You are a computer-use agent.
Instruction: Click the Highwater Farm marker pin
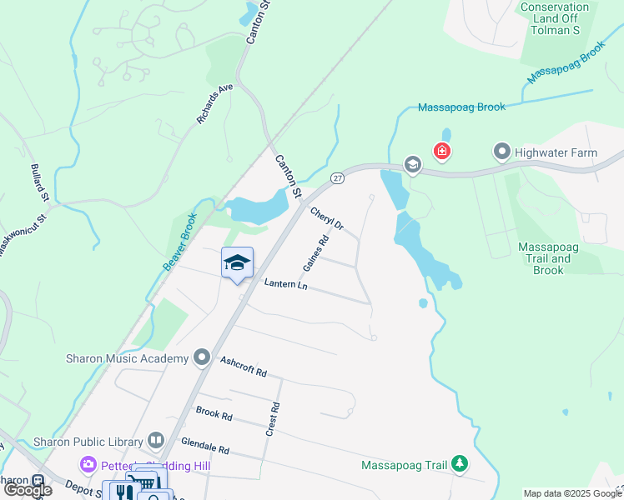[x=501, y=152]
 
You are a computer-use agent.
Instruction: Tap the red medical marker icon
[x=441, y=152]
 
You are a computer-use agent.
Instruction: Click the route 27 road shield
[x=337, y=177]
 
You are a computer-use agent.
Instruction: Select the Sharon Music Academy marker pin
[x=201, y=358]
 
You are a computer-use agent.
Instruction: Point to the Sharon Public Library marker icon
[x=156, y=440]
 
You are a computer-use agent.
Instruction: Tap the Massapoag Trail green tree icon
[x=459, y=464]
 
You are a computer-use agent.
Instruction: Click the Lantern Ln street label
[x=286, y=285]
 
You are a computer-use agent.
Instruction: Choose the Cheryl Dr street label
[x=327, y=219]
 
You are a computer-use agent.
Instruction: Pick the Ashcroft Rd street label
[x=243, y=367]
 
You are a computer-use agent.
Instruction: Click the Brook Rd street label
[x=214, y=413]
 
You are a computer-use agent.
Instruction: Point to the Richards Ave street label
[x=215, y=103]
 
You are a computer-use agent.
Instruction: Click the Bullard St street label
[x=39, y=182]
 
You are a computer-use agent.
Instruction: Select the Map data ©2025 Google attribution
[x=572, y=493]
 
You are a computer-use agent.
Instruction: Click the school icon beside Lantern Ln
[x=237, y=262]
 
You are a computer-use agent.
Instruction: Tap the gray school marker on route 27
[x=412, y=164]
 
